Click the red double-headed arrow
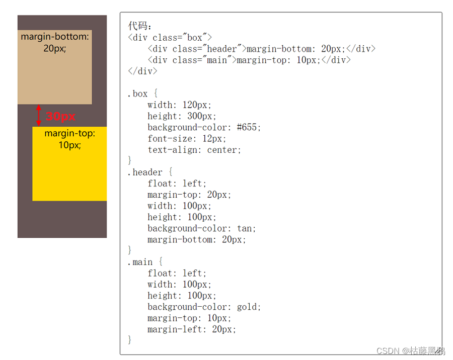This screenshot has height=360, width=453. [39, 116]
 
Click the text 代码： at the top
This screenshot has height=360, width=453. [139, 26]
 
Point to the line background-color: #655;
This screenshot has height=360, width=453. [204, 128]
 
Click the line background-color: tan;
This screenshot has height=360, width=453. [202, 228]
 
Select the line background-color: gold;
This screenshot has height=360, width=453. [204, 307]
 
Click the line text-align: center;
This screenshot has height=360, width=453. [194, 150]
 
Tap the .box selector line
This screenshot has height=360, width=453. [142, 94]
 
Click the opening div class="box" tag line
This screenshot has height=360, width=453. [170, 38]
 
